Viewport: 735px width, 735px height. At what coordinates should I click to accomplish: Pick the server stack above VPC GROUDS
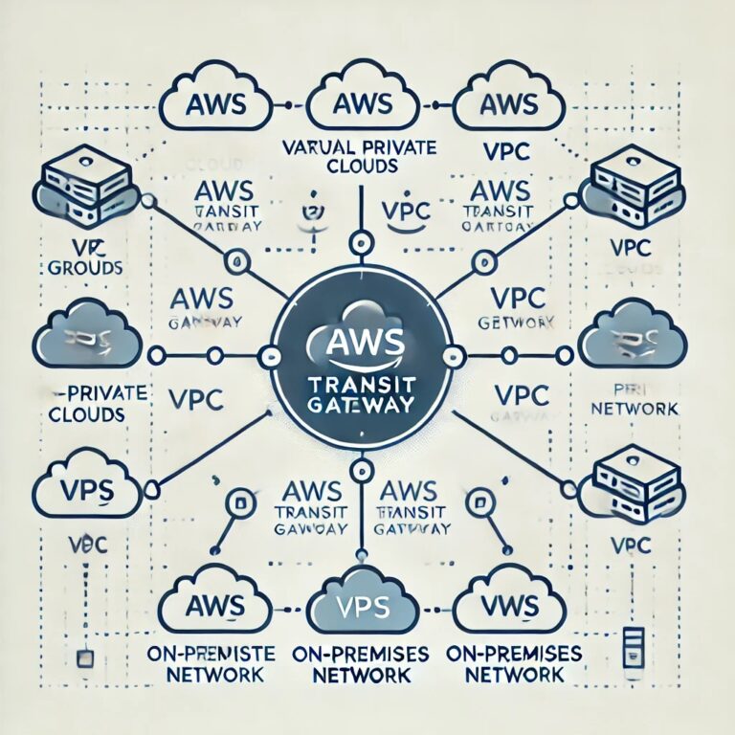point(77,187)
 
